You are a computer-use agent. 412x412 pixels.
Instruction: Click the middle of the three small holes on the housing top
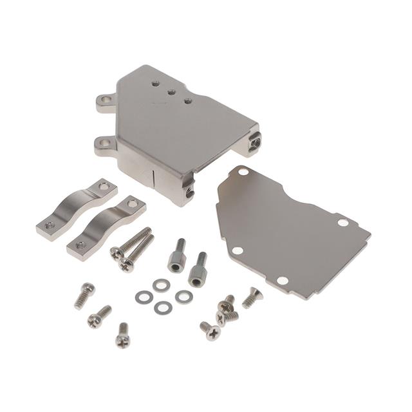point(172,92)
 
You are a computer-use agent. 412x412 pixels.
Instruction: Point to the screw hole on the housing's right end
point(256,139)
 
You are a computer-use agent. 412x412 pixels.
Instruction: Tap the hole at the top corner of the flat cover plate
point(242,173)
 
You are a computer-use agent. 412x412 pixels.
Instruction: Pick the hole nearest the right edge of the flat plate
point(343,222)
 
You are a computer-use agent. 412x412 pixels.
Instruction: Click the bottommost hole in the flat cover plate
point(281,281)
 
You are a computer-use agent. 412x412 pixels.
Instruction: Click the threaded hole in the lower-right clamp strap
point(80,245)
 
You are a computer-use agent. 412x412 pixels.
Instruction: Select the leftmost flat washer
point(144,297)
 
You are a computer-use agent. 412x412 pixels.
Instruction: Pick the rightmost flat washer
point(184,296)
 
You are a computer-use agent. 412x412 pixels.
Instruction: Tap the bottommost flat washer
point(162,308)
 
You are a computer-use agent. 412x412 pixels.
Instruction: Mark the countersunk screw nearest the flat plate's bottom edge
point(252,297)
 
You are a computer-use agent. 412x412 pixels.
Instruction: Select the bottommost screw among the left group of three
point(122,335)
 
